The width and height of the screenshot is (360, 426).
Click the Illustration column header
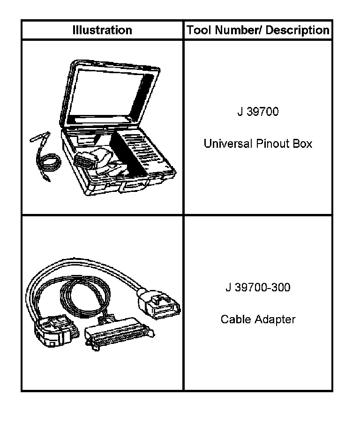(x=102, y=30)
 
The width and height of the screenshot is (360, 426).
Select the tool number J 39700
(x=257, y=112)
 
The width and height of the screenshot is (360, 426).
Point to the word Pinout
(x=271, y=144)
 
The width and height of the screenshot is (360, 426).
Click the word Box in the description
(x=302, y=144)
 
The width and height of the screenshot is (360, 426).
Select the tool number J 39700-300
(x=257, y=287)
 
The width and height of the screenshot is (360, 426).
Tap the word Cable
(x=236, y=319)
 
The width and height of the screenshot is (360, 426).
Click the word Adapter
(x=275, y=319)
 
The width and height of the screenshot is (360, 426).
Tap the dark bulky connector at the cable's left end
(x=52, y=331)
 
